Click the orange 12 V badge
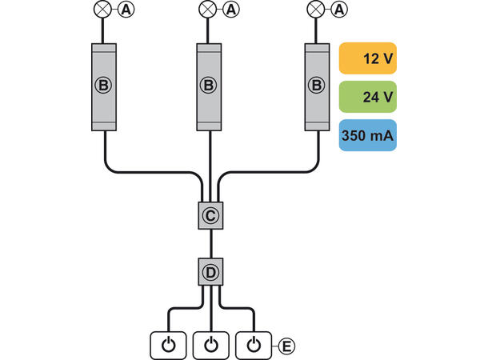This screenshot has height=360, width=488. [x=368, y=60]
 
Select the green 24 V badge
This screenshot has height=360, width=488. [x=368, y=98]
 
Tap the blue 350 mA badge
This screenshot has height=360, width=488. [x=368, y=136]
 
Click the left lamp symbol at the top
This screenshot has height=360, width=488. [x=104, y=10]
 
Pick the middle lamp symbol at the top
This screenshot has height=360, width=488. [x=208, y=10]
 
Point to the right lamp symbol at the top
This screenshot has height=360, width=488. [x=317, y=10]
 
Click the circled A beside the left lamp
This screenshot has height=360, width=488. [x=127, y=10]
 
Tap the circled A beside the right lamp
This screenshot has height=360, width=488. [x=340, y=10]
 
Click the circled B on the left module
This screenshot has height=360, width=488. [x=104, y=85]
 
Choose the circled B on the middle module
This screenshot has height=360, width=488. [x=208, y=85]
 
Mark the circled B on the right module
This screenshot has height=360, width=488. [x=317, y=85]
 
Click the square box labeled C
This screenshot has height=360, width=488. [x=210, y=215]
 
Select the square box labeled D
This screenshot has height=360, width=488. [x=210, y=273]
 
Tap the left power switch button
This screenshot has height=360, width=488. [x=167, y=345]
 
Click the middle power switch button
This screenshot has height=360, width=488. [x=210, y=345]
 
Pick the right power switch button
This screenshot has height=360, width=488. [x=254, y=345]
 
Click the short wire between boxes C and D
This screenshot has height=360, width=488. [x=210, y=244]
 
